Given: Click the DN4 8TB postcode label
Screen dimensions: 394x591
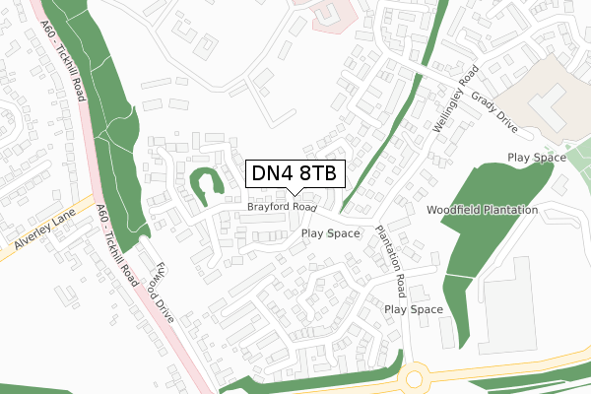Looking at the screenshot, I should click(294, 173).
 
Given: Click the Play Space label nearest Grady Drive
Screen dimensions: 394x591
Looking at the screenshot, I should click(536, 158).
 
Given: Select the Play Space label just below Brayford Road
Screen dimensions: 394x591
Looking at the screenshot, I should click(331, 234).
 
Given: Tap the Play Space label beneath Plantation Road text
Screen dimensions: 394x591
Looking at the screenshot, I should click(414, 309).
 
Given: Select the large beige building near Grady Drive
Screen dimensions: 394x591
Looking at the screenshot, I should click(548, 98).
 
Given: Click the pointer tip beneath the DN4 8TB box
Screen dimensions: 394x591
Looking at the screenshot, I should click(294, 194).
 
